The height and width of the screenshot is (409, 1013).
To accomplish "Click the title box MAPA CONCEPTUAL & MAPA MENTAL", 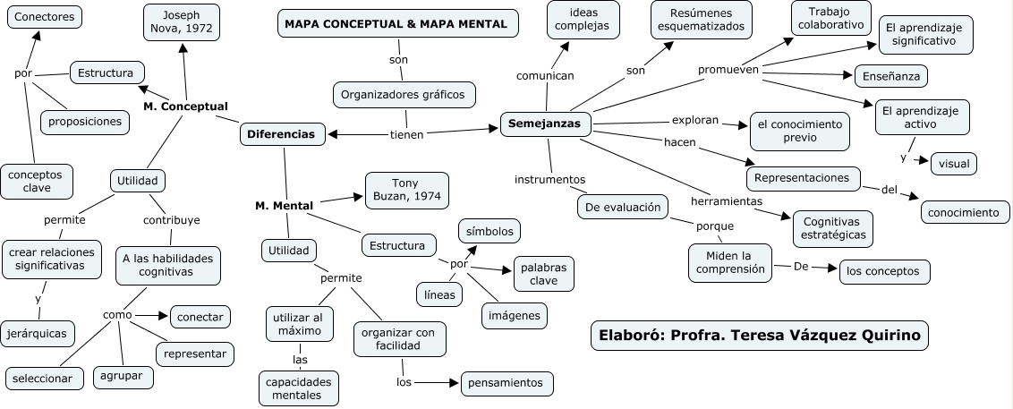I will [x=396, y=24].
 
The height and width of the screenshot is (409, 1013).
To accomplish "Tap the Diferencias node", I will [x=280, y=134].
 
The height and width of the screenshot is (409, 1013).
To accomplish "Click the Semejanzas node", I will [x=544, y=124].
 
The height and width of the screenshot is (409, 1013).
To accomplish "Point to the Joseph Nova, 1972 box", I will [x=182, y=22].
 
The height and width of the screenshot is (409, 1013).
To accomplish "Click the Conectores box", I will [x=45, y=16].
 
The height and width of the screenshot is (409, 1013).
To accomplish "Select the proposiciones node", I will [x=84, y=121].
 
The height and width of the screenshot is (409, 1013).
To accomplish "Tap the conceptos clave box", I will [x=37, y=181].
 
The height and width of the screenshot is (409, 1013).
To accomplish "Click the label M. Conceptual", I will [x=185, y=107].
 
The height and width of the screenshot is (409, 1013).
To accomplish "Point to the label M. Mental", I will [x=284, y=206].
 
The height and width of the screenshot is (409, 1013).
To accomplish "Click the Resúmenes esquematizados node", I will [x=700, y=20].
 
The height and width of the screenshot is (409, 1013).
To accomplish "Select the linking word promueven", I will [x=728, y=69].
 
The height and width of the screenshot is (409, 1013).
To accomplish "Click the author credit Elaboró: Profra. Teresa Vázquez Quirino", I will [x=760, y=335].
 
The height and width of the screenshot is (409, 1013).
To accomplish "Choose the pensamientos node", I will [x=506, y=383].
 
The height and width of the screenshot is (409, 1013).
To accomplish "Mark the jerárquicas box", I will [x=38, y=332].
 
